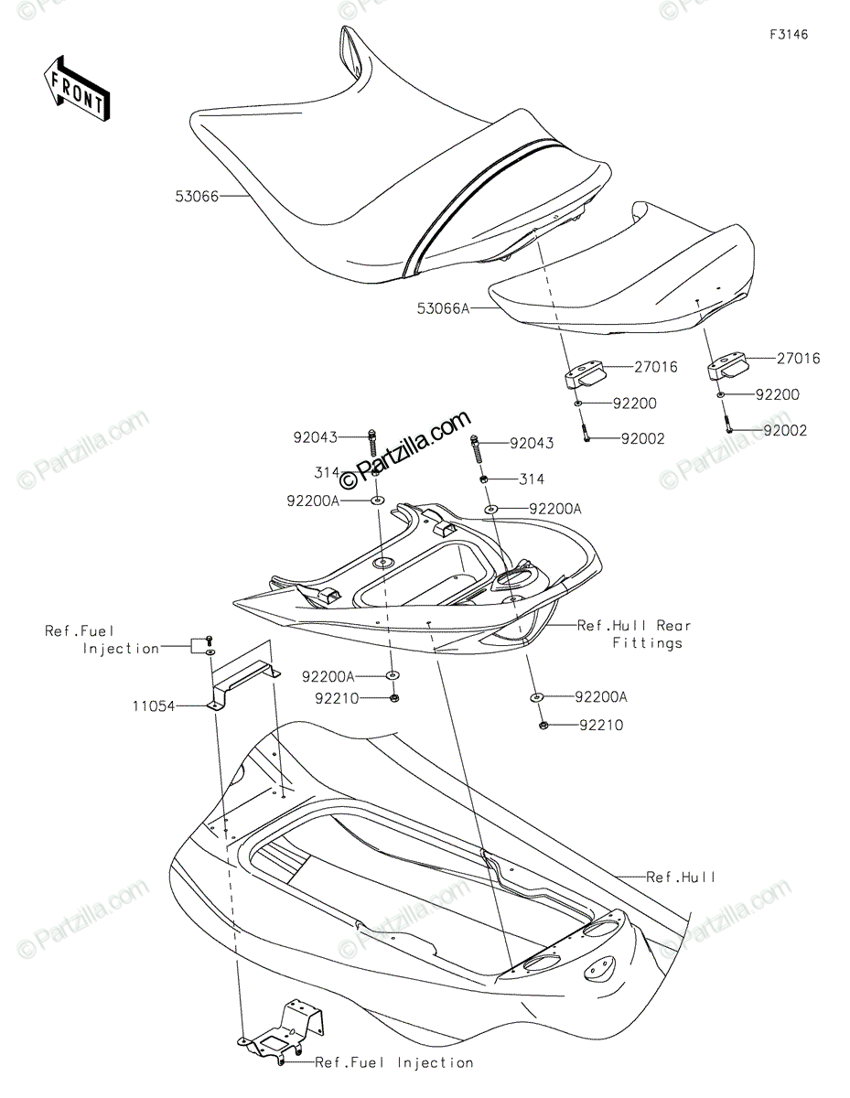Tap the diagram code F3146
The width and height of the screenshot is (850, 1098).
[789, 35]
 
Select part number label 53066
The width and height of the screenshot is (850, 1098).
[197, 196]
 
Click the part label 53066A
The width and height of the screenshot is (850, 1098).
[443, 308]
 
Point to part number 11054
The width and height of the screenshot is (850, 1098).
[154, 705]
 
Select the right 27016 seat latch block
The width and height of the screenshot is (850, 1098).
[726, 365]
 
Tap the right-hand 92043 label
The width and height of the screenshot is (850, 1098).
[532, 444]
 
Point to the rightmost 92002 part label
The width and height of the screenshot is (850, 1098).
[785, 431]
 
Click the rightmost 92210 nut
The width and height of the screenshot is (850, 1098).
[543, 726]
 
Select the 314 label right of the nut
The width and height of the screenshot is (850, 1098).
[532, 479]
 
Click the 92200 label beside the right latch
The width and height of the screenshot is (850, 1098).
[778, 394]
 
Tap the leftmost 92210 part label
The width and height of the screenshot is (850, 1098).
[337, 698]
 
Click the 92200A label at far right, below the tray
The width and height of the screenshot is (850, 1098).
[601, 697]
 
